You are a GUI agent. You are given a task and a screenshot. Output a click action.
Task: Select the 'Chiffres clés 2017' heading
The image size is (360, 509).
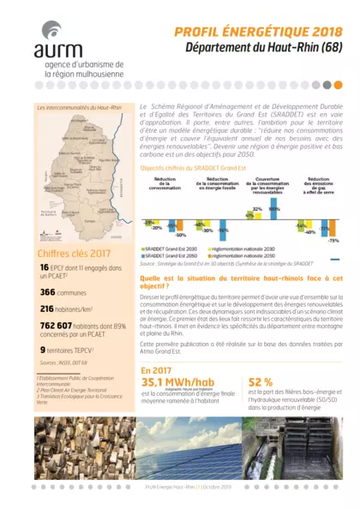pos(74,253)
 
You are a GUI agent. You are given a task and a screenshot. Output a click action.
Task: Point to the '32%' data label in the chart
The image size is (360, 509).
pos(256,208)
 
